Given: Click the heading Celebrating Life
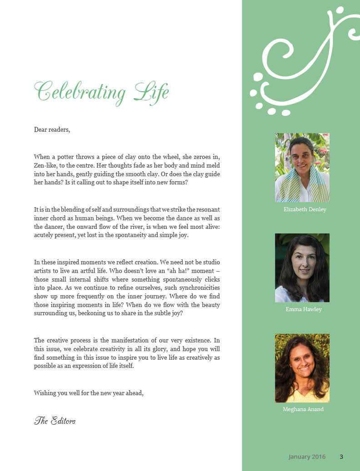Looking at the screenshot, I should click(x=102, y=93).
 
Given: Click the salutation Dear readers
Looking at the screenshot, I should click(x=52, y=130).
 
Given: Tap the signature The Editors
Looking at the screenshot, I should click(x=55, y=421).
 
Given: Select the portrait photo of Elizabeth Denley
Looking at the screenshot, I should click(x=302, y=167).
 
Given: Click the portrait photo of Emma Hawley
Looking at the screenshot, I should click(x=302, y=268).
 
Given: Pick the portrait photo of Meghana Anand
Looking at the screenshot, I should click(x=302, y=368).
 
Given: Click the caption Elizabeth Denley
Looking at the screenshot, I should click(x=305, y=209).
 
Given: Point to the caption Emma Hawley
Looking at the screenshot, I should click(x=304, y=309).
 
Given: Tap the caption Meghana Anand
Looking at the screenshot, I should click(x=303, y=409).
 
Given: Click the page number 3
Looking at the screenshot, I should click(x=341, y=457).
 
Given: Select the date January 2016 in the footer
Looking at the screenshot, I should click(x=307, y=457).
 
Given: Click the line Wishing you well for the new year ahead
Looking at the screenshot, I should click(x=89, y=393).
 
